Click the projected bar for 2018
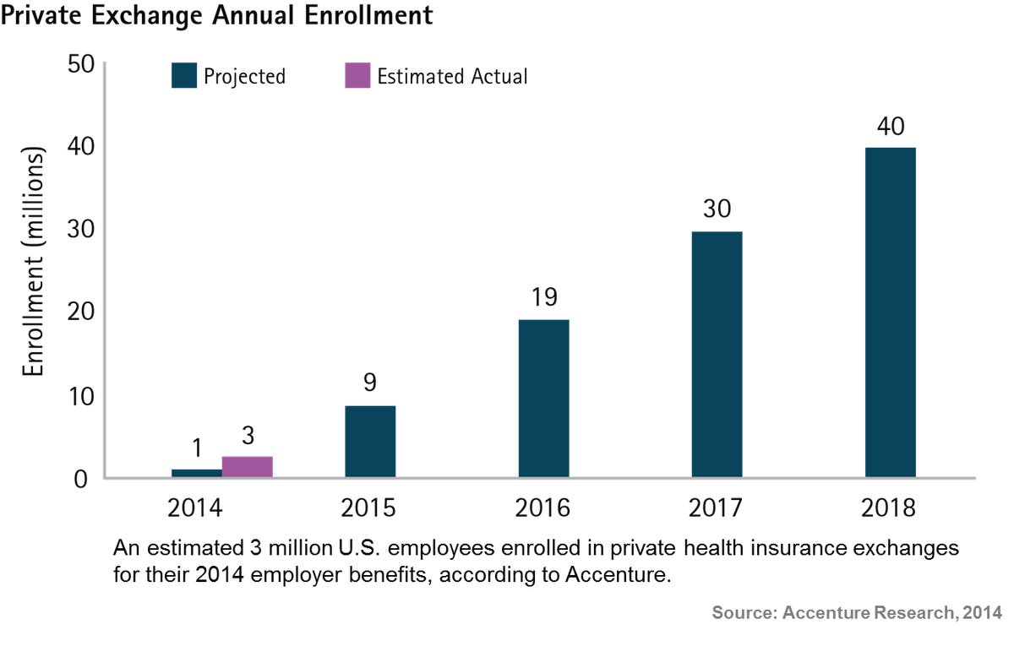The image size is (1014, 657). (x=890, y=312)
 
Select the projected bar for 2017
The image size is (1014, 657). (x=717, y=355)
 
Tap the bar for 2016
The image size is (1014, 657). (x=543, y=399)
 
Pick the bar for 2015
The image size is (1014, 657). (x=370, y=442)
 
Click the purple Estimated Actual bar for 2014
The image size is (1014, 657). (x=248, y=467)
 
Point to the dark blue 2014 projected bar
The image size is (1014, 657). (x=197, y=473)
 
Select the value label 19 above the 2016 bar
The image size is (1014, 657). (x=543, y=299)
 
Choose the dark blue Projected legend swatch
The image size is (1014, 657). (x=183, y=76)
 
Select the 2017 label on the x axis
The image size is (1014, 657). (x=717, y=509)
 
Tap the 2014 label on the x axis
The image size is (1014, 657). (x=196, y=509)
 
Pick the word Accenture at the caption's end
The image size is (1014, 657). (x=619, y=577)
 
